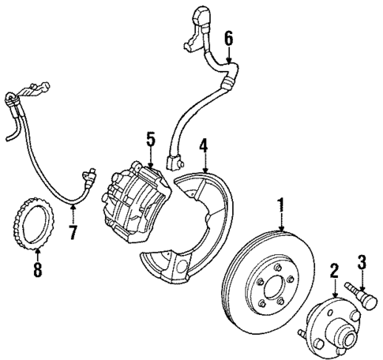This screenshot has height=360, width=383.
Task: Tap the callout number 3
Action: [x=362, y=261]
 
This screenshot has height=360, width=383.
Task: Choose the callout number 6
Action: [x=228, y=38]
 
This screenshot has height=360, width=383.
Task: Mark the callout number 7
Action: [x=72, y=234]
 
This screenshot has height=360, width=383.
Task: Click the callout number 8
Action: [x=38, y=272]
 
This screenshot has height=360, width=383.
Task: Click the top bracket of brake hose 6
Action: [x=200, y=17]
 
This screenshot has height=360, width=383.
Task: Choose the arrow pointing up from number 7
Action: [x=72, y=215]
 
